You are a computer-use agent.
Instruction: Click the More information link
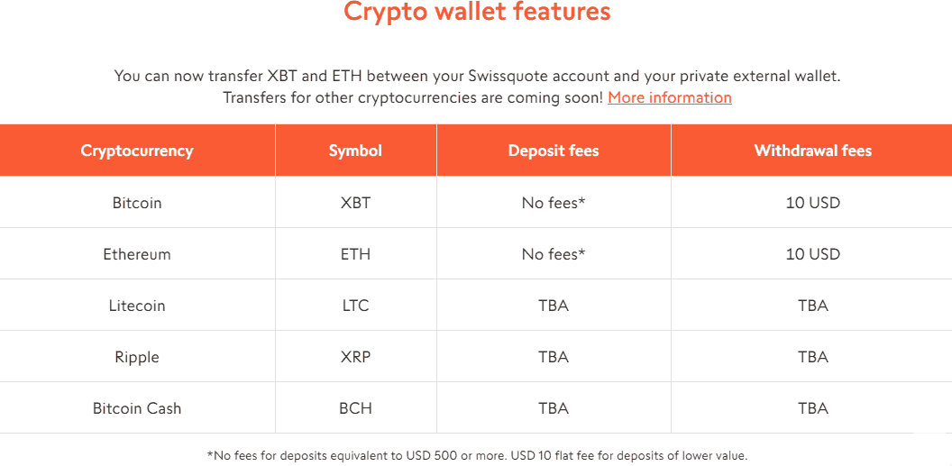(669, 97)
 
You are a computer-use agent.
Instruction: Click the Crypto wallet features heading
(477, 13)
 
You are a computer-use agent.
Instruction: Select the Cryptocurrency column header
(137, 151)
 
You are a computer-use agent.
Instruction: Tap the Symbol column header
(355, 151)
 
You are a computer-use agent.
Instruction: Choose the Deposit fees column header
(554, 151)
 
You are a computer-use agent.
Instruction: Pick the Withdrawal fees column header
(812, 151)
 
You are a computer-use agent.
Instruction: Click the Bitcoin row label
(137, 203)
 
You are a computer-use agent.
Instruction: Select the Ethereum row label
(137, 254)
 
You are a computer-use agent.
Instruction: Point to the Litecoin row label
(137, 306)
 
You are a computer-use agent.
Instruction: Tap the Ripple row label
(137, 357)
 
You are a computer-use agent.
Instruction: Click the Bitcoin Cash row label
(137, 408)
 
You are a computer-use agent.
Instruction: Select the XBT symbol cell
(355, 203)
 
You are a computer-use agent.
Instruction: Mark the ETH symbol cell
(355, 254)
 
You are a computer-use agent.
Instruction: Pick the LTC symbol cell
(355, 306)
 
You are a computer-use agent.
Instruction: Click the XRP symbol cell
(355, 357)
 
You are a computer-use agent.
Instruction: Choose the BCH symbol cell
(355, 408)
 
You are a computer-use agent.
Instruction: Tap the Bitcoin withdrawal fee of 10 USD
(812, 203)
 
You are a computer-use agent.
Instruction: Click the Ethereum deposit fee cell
(554, 254)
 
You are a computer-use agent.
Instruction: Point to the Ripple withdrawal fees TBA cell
(812, 357)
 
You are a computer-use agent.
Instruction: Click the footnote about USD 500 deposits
(477, 455)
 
